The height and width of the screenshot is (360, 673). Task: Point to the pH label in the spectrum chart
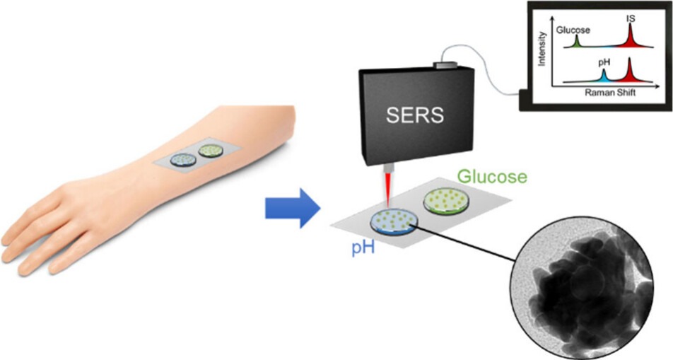point(604,62)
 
